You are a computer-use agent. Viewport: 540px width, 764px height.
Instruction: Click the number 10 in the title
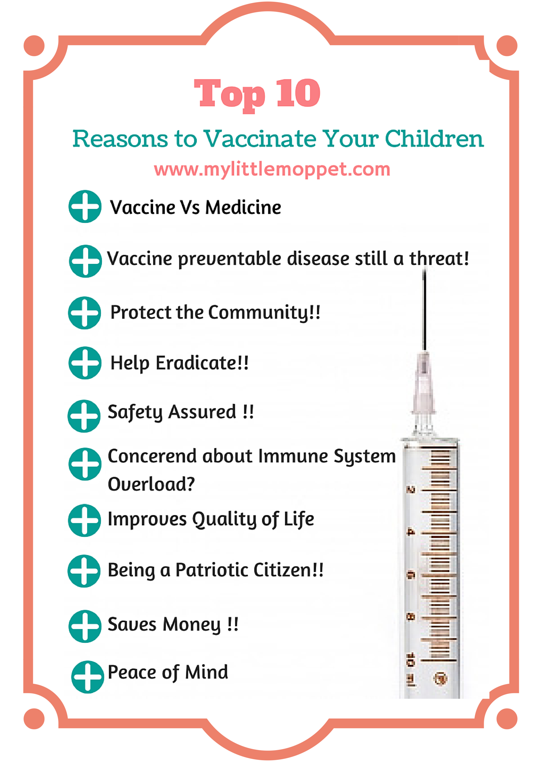pos(298,93)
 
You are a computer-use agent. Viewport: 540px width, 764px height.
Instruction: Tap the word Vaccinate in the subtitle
pos(260,139)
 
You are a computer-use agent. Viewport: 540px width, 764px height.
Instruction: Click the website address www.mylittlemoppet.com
pos(272,169)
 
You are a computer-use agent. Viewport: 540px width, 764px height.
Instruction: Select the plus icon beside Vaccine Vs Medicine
pos(85,206)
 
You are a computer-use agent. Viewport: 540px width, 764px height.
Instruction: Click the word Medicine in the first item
pos(243,207)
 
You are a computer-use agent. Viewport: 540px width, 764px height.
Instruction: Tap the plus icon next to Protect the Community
pos(85,313)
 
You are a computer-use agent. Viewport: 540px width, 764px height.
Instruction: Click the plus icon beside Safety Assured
pos(84,416)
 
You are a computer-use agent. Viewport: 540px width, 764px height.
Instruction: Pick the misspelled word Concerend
pos(152,456)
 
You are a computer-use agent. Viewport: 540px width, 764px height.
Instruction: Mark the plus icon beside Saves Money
pos(85,626)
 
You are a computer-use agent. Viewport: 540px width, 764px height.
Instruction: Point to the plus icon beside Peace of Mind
pos(87,677)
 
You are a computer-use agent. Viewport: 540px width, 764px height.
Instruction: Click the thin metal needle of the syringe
pos(424,310)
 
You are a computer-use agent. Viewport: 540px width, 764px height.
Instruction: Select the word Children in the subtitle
pos(434,139)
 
